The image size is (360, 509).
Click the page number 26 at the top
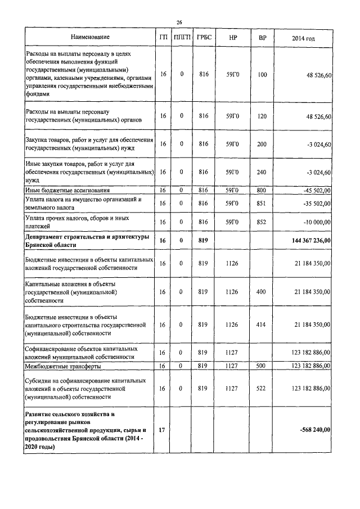(x=179, y=22)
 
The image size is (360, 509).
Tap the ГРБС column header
(x=203, y=38)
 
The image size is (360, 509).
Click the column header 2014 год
(x=303, y=38)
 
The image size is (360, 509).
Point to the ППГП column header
(x=182, y=38)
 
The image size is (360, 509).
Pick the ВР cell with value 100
(x=262, y=74)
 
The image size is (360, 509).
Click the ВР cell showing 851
(x=262, y=203)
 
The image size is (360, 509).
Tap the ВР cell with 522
(x=262, y=388)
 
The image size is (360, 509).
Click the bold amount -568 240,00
(x=315, y=430)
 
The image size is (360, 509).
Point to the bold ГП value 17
(x=163, y=430)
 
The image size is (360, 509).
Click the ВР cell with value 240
(x=262, y=172)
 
